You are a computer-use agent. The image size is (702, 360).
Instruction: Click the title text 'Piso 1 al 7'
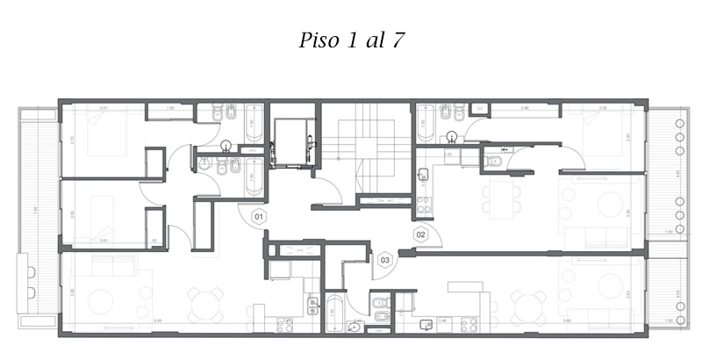pyautogui.click(x=350, y=40)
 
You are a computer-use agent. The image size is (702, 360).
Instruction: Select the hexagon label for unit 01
pyautogui.click(x=259, y=215)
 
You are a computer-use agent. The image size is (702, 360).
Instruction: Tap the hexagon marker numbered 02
pyautogui.click(x=420, y=234)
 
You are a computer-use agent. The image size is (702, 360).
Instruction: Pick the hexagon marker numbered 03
pyautogui.click(x=384, y=260)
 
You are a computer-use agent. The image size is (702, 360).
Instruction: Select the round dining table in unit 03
pyautogui.click(x=527, y=308)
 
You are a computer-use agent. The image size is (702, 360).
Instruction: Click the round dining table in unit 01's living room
pyautogui.click(x=204, y=305)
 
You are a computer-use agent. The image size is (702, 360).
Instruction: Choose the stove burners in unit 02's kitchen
pyautogui.click(x=423, y=207)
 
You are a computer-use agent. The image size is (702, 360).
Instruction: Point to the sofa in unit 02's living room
pyautogui.click(x=596, y=235)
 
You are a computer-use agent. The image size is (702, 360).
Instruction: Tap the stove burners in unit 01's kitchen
pyautogui.click(x=284, y=324)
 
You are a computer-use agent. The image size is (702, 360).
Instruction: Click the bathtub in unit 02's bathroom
pyautogui.click(x=426, y=123)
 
